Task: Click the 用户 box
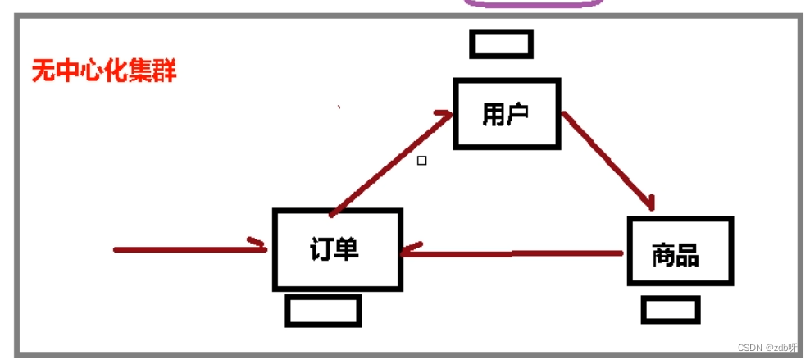coord(507,114)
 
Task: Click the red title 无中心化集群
coord(103,71)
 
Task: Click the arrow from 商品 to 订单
coord(512,253)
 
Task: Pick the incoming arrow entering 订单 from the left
coord(189,248)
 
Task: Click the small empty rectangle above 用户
coord(501,43)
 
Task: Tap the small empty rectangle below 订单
coord(323,311)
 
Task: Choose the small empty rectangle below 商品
coord(670,310)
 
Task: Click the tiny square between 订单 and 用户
coord(421,161)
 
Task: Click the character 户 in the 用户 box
coord(517,114)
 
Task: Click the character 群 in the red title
coord(164,71)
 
